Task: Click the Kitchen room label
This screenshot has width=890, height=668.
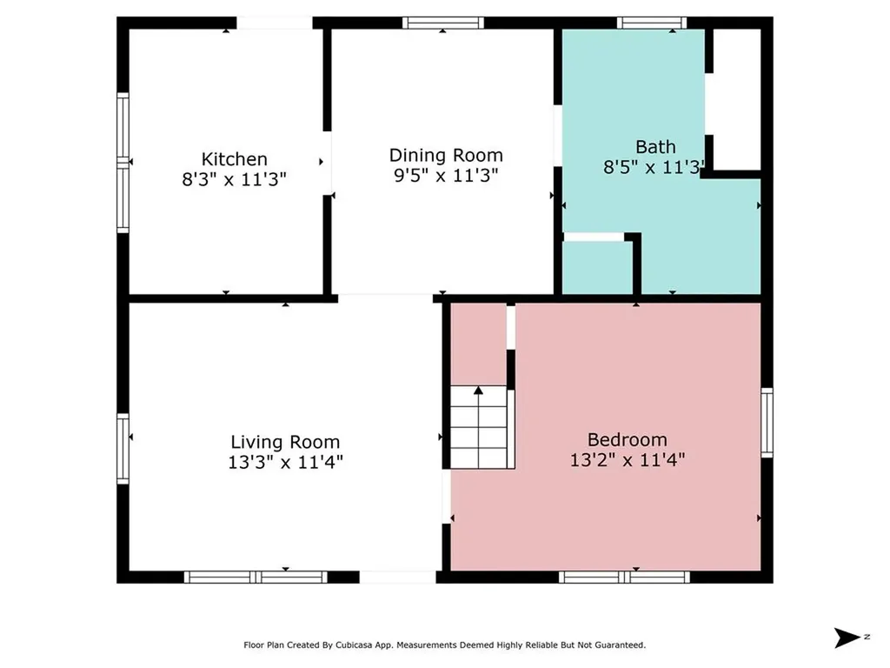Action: tap(235, 159)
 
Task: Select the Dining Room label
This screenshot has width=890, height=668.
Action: tap(445, 156)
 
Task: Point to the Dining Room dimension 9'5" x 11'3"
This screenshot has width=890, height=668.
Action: tap(445, 175)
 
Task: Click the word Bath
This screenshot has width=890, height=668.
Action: tap(655, 147)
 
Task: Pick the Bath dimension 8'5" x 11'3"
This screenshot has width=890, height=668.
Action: tap(653, 167)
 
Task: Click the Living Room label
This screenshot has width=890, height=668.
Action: tap(285, 442)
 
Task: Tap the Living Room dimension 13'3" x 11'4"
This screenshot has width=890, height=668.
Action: tap(285, 462)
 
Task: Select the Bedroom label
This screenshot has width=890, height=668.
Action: tap(628, 440)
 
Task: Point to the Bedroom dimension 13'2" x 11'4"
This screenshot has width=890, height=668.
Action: tap(628, 460)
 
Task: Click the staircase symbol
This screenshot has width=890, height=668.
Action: tap(479, 427)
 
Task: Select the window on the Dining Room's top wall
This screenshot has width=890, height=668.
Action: tap(443, 23)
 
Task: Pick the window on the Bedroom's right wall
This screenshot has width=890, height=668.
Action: tap(767, 422)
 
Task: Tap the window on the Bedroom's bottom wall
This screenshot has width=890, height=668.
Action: tap(624, 577)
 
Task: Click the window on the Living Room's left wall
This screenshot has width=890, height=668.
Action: tap(123, 449)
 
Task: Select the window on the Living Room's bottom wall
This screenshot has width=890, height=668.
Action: tap(256, 577)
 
